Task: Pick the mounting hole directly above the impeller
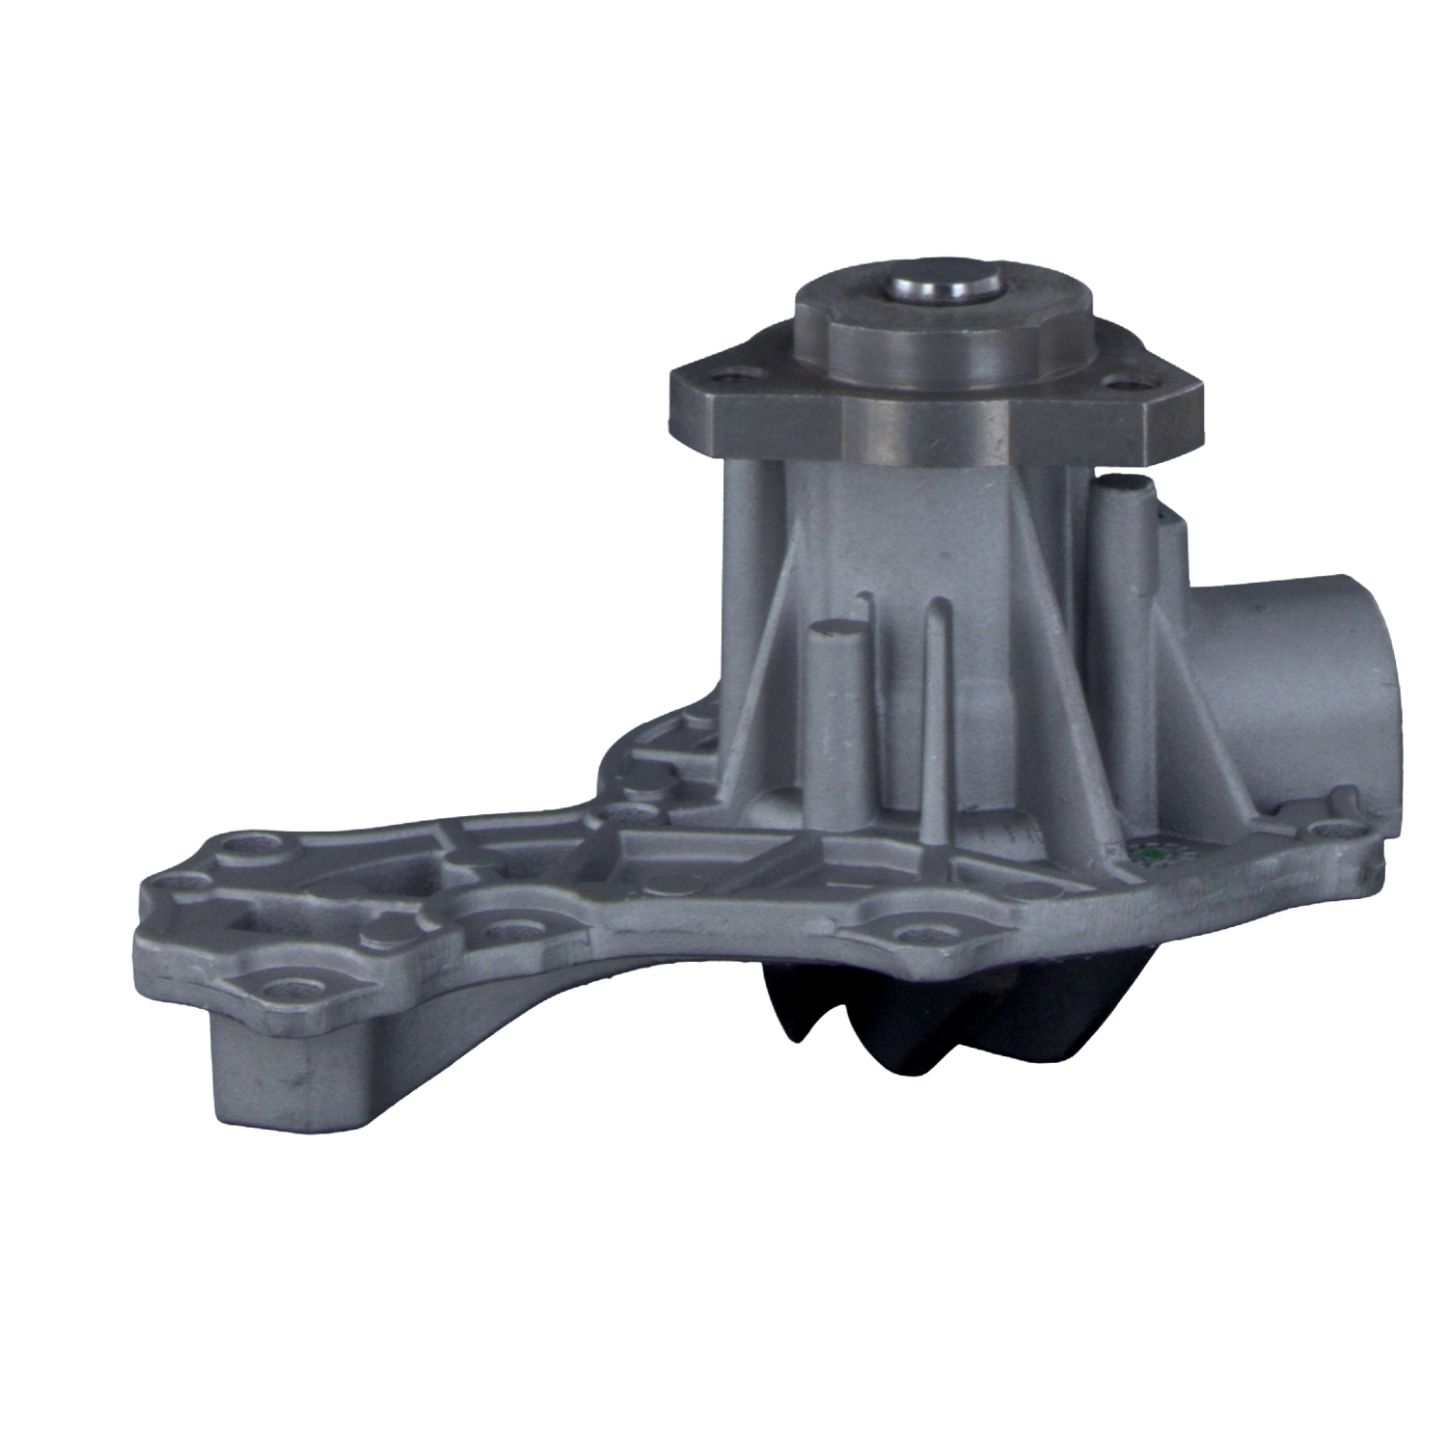coord(912,934)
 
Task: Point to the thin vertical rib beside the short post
coord(934,714)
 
